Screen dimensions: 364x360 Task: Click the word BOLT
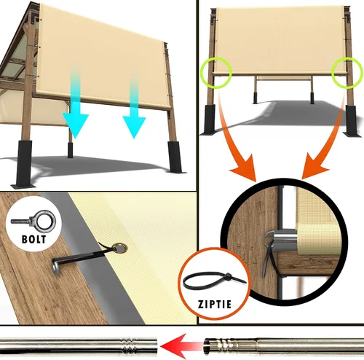[x=33, y=239]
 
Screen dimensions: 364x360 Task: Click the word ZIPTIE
[x=215, y=305]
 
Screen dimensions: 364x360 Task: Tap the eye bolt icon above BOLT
[x=34, y=221]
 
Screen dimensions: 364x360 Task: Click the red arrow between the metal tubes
[x=181, y=345]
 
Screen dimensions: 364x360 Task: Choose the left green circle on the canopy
[x=216, y=72]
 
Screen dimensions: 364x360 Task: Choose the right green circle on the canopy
[x=347, y=72]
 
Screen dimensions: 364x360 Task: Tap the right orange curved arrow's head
[x=313, y=168]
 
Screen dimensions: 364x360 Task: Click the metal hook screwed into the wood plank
[x=56, y=266]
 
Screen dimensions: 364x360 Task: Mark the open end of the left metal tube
[x=155, y=345]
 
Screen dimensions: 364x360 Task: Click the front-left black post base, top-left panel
[x=23, y=164]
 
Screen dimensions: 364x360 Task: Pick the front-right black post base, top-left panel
[x=175, y=157]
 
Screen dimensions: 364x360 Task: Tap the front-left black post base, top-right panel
[x=209, y=120]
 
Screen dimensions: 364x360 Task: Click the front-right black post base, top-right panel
[x=351, y=121]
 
